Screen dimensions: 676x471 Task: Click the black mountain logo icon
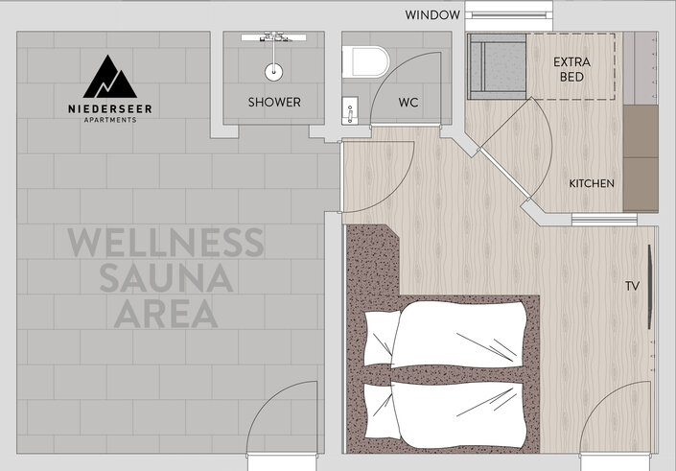pos(110,77)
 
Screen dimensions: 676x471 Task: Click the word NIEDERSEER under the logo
pos(110,109)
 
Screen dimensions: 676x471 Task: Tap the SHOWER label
pos(274,103)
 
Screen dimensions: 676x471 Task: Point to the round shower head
pos(274,72)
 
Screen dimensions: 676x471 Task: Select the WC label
pos(408,103)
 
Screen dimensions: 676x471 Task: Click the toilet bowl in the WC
pos(366,61)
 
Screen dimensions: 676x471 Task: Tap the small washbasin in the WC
pos(350,110)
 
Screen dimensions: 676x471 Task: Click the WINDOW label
pos(432,15)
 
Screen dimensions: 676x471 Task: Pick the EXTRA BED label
pos(571,69)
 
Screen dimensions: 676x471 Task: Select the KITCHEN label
pos(592,184)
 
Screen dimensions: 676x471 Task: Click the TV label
pos(632,286)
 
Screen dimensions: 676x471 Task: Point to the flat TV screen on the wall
pos(650,287)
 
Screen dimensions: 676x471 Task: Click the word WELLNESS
pos(166,243)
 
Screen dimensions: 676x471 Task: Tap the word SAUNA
pos(167,278)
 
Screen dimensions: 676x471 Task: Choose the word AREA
pos(166,314)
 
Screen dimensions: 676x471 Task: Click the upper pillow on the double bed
pos(382,338)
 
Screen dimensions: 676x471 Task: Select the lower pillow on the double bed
pos(381,412)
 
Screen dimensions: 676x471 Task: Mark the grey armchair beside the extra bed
pos(497,66)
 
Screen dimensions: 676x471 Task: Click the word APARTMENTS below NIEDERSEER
pos(110,120)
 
